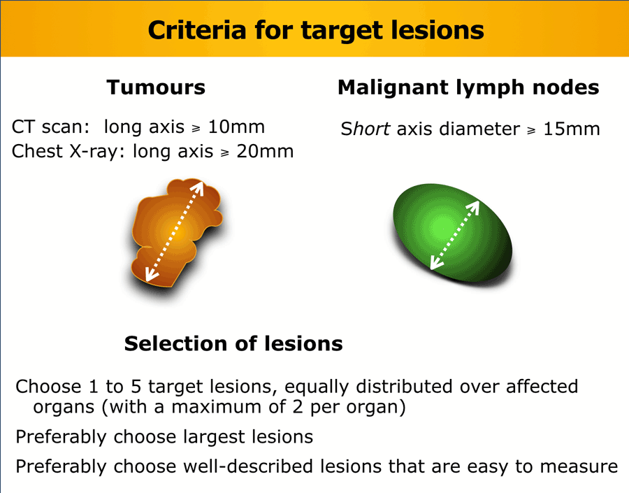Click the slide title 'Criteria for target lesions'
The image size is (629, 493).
coord(316,30)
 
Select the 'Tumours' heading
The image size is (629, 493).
coord(156,87)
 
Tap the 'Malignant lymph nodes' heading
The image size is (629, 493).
coord(468,88)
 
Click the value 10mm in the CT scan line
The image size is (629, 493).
coord(236,127)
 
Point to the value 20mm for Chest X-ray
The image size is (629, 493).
coord(265,151)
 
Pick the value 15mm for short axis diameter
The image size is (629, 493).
coord(571,129)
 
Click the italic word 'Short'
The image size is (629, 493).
coord(365,129)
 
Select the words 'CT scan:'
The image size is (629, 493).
coord(50,127)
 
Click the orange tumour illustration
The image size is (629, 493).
coord(177,233)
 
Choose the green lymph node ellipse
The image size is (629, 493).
coord(452,233)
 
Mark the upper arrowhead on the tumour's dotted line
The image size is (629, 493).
coord(199,187)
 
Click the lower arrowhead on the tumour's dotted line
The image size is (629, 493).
coord(150,275)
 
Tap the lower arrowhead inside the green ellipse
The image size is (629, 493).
coord(435,263)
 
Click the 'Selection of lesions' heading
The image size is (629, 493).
coord(233,343)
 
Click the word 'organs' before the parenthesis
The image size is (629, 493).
coord(64,408)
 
